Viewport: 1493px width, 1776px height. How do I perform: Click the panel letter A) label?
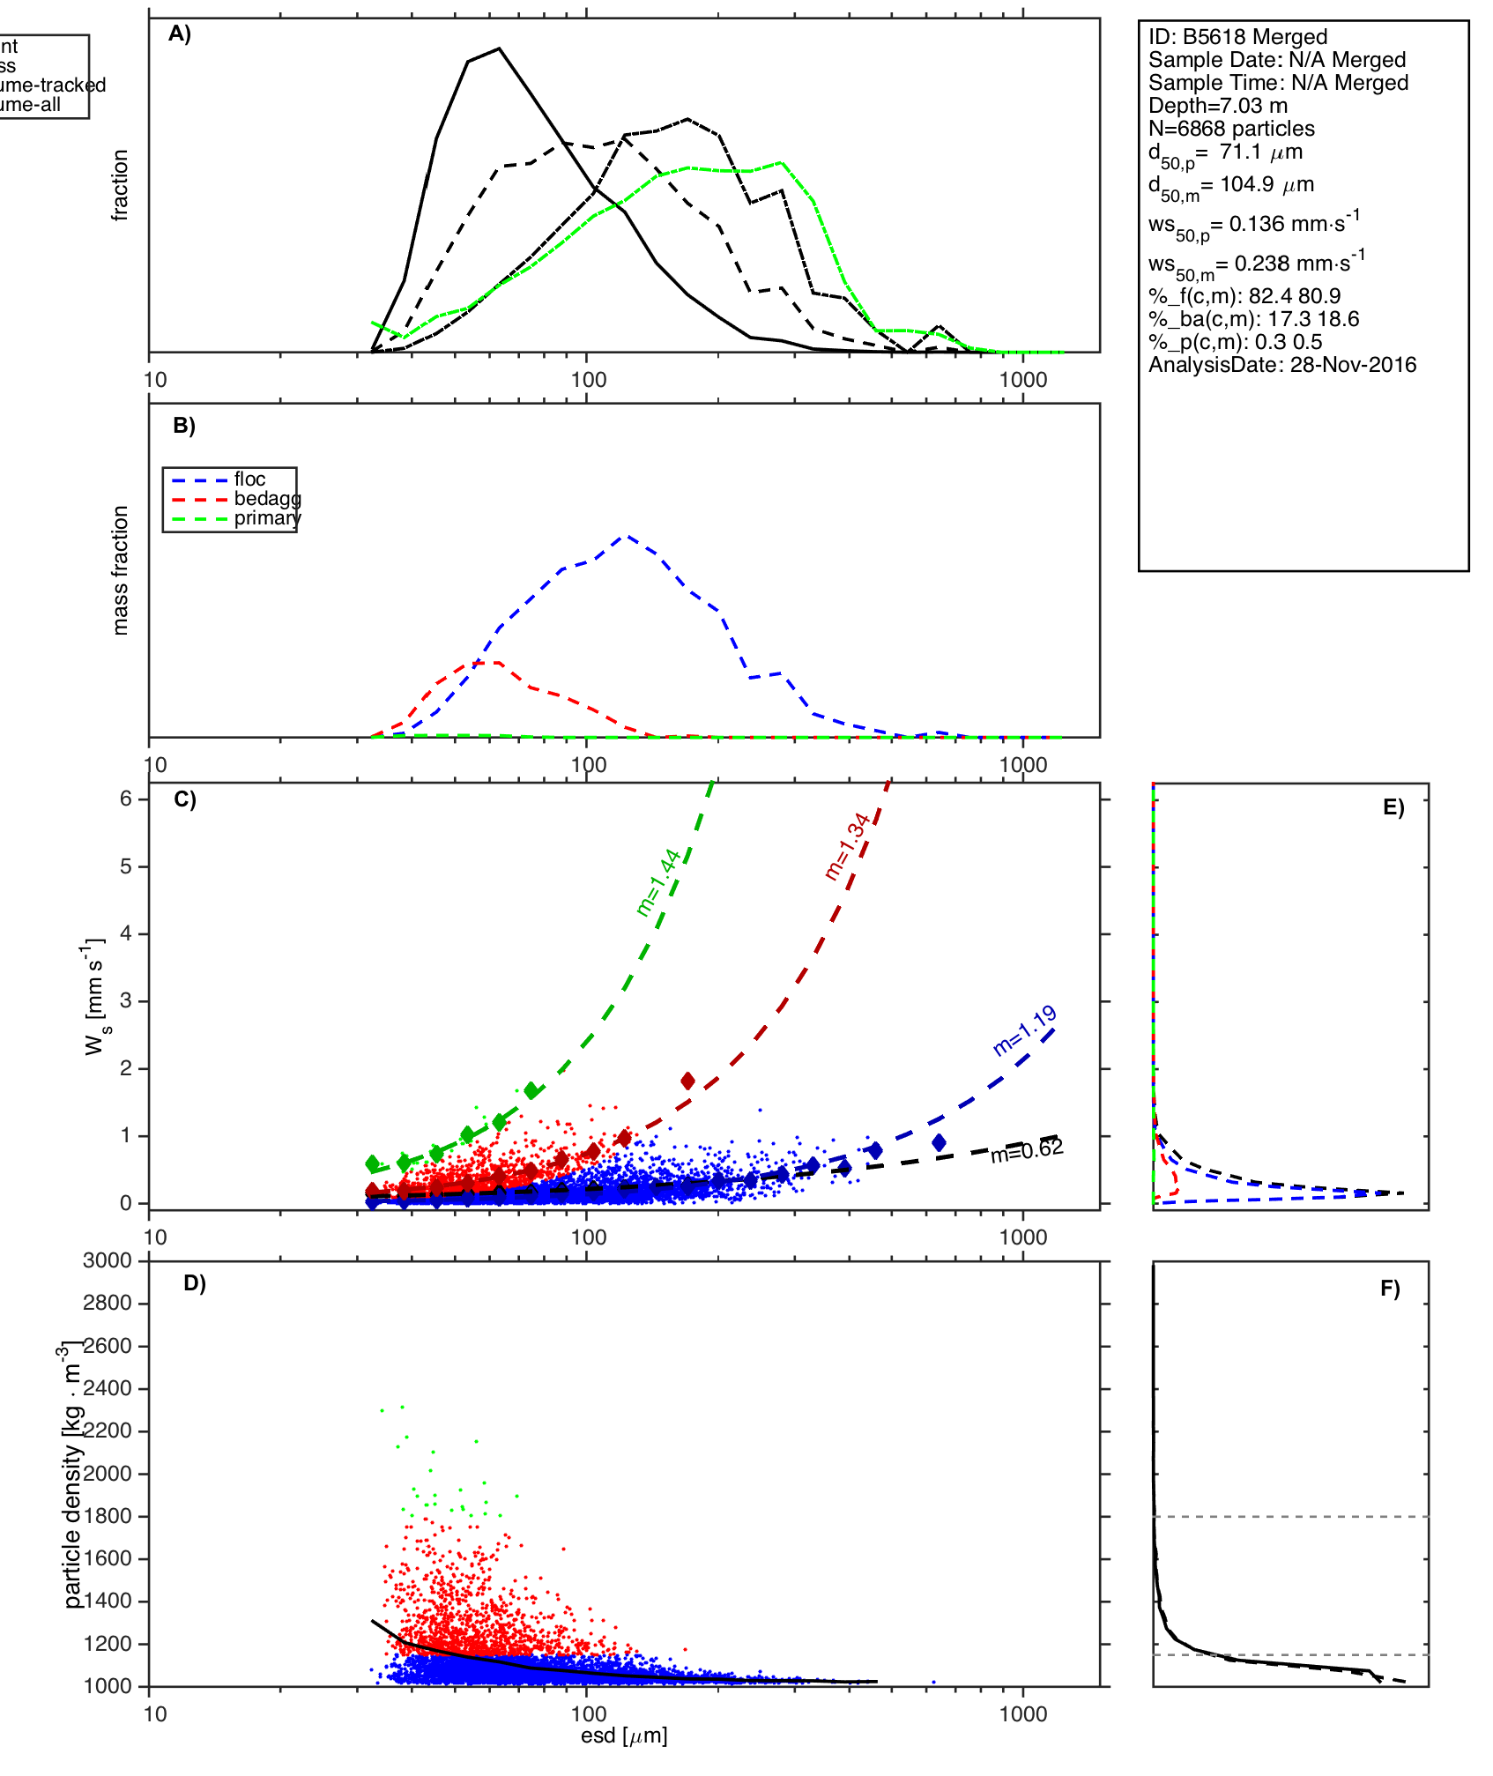tap(180, 33)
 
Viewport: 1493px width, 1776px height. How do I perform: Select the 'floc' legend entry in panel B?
tap(249, 479)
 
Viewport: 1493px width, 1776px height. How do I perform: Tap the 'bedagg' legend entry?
tap(267, 499)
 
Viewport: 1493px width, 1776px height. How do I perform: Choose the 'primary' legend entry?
tap(267, 518)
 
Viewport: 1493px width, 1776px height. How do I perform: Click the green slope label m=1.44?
tap(658, 882)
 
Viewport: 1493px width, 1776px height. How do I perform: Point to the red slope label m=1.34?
tap(847, 847)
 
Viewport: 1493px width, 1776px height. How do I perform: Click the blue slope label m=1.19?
tap(1025, 1031)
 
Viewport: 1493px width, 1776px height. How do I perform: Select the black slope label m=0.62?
tap(1027, 1150)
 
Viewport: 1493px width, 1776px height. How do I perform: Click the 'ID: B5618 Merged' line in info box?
tap(1237, 37)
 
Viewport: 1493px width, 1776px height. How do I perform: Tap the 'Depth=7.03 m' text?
tap(1218, 106)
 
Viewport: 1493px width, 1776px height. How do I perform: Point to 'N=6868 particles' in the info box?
tap(1231, 129)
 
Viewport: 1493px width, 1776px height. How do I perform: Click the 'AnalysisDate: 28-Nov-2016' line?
tap(1282, 365)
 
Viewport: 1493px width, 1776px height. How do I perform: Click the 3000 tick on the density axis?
tap(108, 1260)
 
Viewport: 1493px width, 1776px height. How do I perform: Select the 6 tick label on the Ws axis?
tap(126, 799)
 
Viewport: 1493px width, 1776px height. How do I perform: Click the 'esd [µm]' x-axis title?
tap(624, 1735)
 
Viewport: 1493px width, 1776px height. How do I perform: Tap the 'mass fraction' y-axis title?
tap(121, 570)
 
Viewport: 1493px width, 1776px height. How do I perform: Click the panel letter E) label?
tap(1393, 808)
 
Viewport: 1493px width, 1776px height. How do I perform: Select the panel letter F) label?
tap(1390, 1289)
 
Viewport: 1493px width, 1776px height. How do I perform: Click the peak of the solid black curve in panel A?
tap(499, 48)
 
